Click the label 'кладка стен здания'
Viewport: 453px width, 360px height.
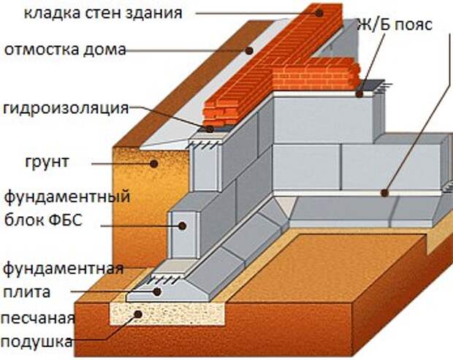click(x=103, y=13)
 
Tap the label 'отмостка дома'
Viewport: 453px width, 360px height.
click(x=65, y=50)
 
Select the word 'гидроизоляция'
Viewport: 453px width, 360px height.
click(x=66, y=108)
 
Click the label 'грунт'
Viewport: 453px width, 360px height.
click(x=47, y=161)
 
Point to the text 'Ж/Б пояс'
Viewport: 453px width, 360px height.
click(x=395, y=25)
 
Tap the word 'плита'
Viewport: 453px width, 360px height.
click(x=26, y=291)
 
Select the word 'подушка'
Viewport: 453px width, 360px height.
click(x=37, y=342)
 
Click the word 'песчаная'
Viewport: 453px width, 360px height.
click(x=38, y=318)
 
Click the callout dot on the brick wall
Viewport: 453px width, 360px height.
click(x=319, y=13)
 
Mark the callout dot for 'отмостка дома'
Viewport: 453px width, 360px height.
click(x=249, y=51)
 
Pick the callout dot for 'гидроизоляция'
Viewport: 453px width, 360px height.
click(x=210, y=129)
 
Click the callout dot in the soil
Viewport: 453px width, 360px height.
click(x=154, y=164)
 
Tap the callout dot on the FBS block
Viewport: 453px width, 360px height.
click(x=182, y=226)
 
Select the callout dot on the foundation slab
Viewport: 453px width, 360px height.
click(x=157, y=292)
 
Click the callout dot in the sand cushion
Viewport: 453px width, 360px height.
click(x=138, y=314)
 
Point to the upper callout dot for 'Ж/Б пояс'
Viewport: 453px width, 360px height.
click(x=359, y=94)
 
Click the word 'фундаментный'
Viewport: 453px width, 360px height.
click(x=67, y=197)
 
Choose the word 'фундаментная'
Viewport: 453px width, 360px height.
click(x=64, y=269)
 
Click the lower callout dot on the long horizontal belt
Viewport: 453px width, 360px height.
click(x=384, y=193)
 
